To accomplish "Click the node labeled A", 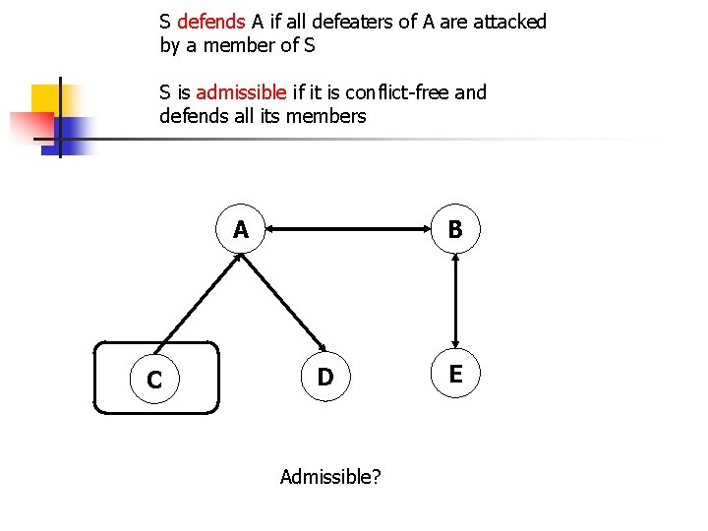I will (241, 230).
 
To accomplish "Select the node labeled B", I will (455, 230).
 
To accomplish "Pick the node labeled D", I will (325, 377).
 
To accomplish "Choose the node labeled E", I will (455, 374).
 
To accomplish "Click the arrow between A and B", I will (348, 231).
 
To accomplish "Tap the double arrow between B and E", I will (455, 302).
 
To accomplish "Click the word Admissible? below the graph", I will (331, 477).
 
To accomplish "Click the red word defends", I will (210, 22).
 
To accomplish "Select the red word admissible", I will (242, 92).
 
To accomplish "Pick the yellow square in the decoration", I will (49, 101).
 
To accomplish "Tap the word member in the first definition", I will (244, 45).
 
